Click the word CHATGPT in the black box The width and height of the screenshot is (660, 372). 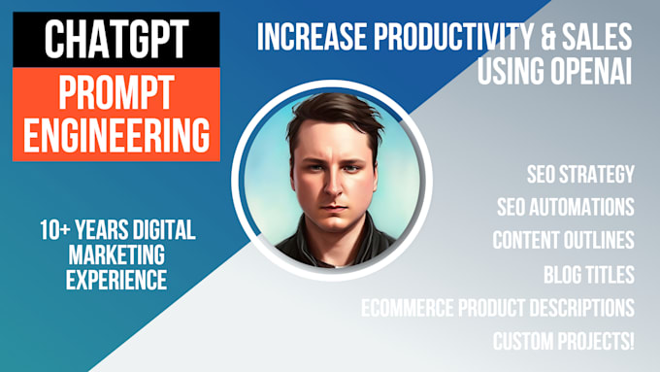click(115, 43)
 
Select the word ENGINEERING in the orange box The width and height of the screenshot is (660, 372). click(115, 135)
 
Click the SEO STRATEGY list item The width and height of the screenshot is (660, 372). click(580, 175)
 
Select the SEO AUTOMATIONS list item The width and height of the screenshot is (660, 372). click(565, 207)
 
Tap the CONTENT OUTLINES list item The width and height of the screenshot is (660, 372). click(563, 240)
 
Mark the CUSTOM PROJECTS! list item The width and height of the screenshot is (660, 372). click(563, 341)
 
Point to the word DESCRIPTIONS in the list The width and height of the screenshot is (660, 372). click(573, 308)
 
